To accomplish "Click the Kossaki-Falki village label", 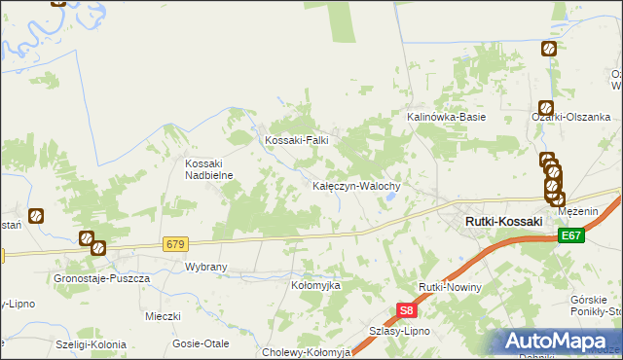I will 297,140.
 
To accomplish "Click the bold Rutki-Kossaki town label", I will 503,222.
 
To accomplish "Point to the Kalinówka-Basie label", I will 446,117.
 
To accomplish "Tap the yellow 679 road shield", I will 175,243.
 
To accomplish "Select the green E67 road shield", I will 571,236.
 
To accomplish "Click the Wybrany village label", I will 205,266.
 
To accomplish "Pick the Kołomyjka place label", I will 315,285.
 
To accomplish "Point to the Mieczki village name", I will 164,316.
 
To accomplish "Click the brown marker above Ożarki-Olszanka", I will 546,108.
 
